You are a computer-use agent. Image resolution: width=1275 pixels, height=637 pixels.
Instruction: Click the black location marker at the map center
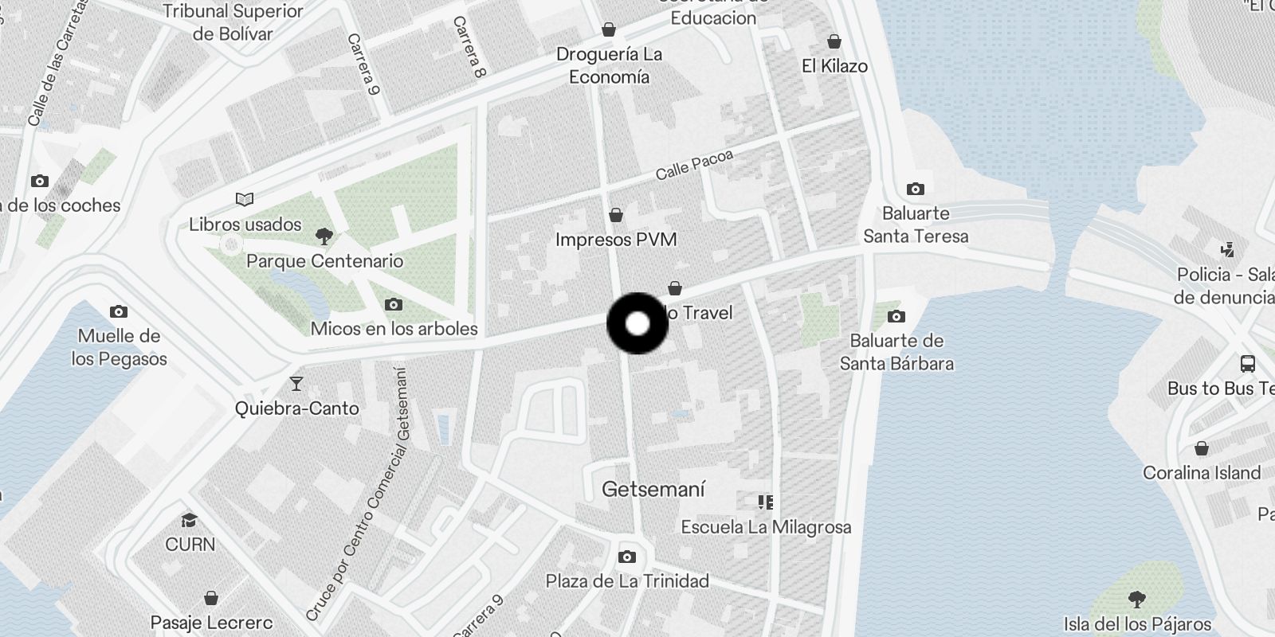[637, 323]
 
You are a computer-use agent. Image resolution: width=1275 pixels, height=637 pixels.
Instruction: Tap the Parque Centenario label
[324, 261]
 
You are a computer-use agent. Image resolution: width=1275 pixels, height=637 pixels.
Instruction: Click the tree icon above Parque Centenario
[324, 235]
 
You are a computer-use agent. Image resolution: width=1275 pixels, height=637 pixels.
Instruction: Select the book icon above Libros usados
[245, 199]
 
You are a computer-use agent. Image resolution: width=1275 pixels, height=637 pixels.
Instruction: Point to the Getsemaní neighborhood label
[653, 489]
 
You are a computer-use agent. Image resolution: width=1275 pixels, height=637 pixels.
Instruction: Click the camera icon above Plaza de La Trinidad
[627, 556]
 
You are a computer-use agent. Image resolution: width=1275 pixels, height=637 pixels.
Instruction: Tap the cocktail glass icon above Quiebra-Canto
[296, 384]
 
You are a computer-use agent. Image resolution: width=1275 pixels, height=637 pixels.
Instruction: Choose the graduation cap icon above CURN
[189, 521]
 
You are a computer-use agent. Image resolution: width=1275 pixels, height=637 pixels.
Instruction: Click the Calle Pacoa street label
[693, 166]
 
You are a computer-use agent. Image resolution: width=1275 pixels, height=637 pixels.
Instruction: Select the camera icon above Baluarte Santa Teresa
[916, 189]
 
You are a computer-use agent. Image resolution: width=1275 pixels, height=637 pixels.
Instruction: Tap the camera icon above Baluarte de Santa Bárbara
[896, 316]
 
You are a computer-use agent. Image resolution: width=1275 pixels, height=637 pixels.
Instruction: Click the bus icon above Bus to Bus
[1248, 364]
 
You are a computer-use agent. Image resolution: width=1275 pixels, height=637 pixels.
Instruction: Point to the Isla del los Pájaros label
[1137, 623]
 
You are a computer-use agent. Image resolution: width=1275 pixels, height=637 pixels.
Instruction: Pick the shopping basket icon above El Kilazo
[834, 41]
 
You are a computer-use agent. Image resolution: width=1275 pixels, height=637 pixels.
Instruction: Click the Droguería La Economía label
[609, 65]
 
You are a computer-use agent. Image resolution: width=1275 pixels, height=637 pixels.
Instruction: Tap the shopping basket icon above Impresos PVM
[616, 215]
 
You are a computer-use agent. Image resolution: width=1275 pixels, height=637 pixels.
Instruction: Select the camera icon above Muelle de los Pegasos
[119, 311]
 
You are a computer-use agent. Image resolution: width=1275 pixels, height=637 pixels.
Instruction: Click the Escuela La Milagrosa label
[766, 526]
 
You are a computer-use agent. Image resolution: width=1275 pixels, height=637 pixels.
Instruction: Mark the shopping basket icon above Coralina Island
[1202, 448]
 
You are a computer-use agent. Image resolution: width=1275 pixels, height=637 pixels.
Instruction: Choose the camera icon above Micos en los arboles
[394, 304]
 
